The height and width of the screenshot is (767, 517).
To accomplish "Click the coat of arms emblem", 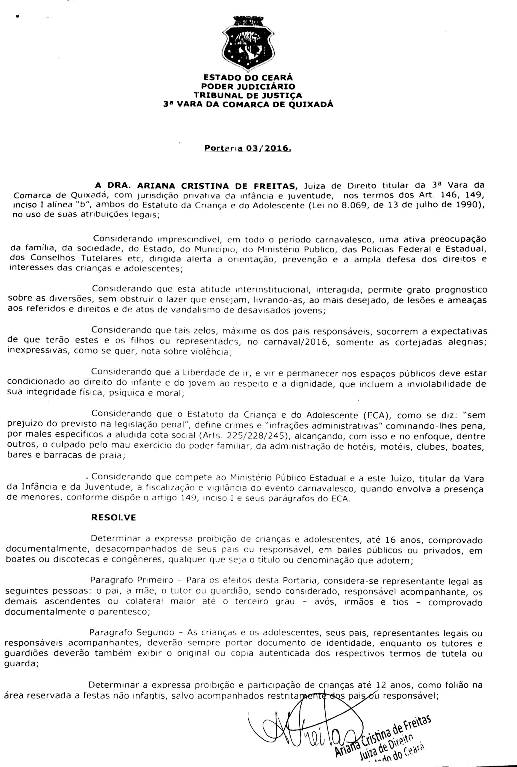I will pyautogui.click(x=248, y=44).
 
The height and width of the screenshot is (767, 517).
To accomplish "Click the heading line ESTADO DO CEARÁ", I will pyautogui.click(x=248, y=78).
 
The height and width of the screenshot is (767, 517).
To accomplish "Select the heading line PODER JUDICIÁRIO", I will pyautogui.click(x=248, y=86).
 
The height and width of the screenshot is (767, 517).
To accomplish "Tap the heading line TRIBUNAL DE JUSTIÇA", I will pyautogui.click(x=248, y=95).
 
